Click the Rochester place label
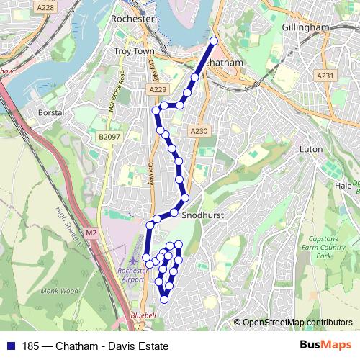point(133,17)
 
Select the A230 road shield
point(199,131)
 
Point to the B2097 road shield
point(109,135)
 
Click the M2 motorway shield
point(91,233)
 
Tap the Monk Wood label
point(59,292)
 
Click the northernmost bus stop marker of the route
point(214,41)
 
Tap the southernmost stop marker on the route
point(165,299)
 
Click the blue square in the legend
point(10,346)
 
